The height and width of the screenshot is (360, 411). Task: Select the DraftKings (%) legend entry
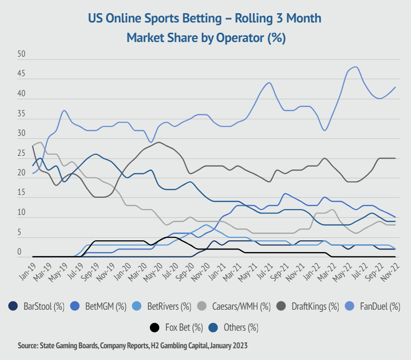(308, 306)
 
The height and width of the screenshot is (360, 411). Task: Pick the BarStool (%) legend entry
(37, 306)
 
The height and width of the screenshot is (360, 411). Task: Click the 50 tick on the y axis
(21, 55)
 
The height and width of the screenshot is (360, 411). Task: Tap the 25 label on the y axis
(21, 153)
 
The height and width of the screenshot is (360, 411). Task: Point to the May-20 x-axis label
(154, 270)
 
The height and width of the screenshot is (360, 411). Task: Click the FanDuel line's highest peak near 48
(356, 67)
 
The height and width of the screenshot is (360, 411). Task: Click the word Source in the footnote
(27, 345)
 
